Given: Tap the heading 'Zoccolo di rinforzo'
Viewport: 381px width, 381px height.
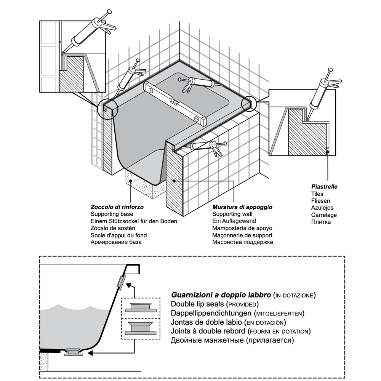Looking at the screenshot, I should point(117,207).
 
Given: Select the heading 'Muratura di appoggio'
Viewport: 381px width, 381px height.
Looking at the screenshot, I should point(242,207).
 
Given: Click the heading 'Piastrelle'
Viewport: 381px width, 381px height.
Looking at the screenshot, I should point(324,187).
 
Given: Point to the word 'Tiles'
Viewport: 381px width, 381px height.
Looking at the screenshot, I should point(317,194).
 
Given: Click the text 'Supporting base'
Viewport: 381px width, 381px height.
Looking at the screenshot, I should point(112,214).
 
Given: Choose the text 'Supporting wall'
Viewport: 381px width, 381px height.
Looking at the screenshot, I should point(232,214).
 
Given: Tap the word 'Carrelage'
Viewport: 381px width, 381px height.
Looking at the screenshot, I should point(324,215).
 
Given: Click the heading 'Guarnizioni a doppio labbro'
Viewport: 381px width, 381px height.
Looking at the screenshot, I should point(221,295).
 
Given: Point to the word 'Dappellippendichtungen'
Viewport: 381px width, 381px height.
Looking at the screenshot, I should point(211,313).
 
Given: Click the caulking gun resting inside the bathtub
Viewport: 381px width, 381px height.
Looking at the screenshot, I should point(196,83).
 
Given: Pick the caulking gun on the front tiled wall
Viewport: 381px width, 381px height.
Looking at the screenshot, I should point(209,147).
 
